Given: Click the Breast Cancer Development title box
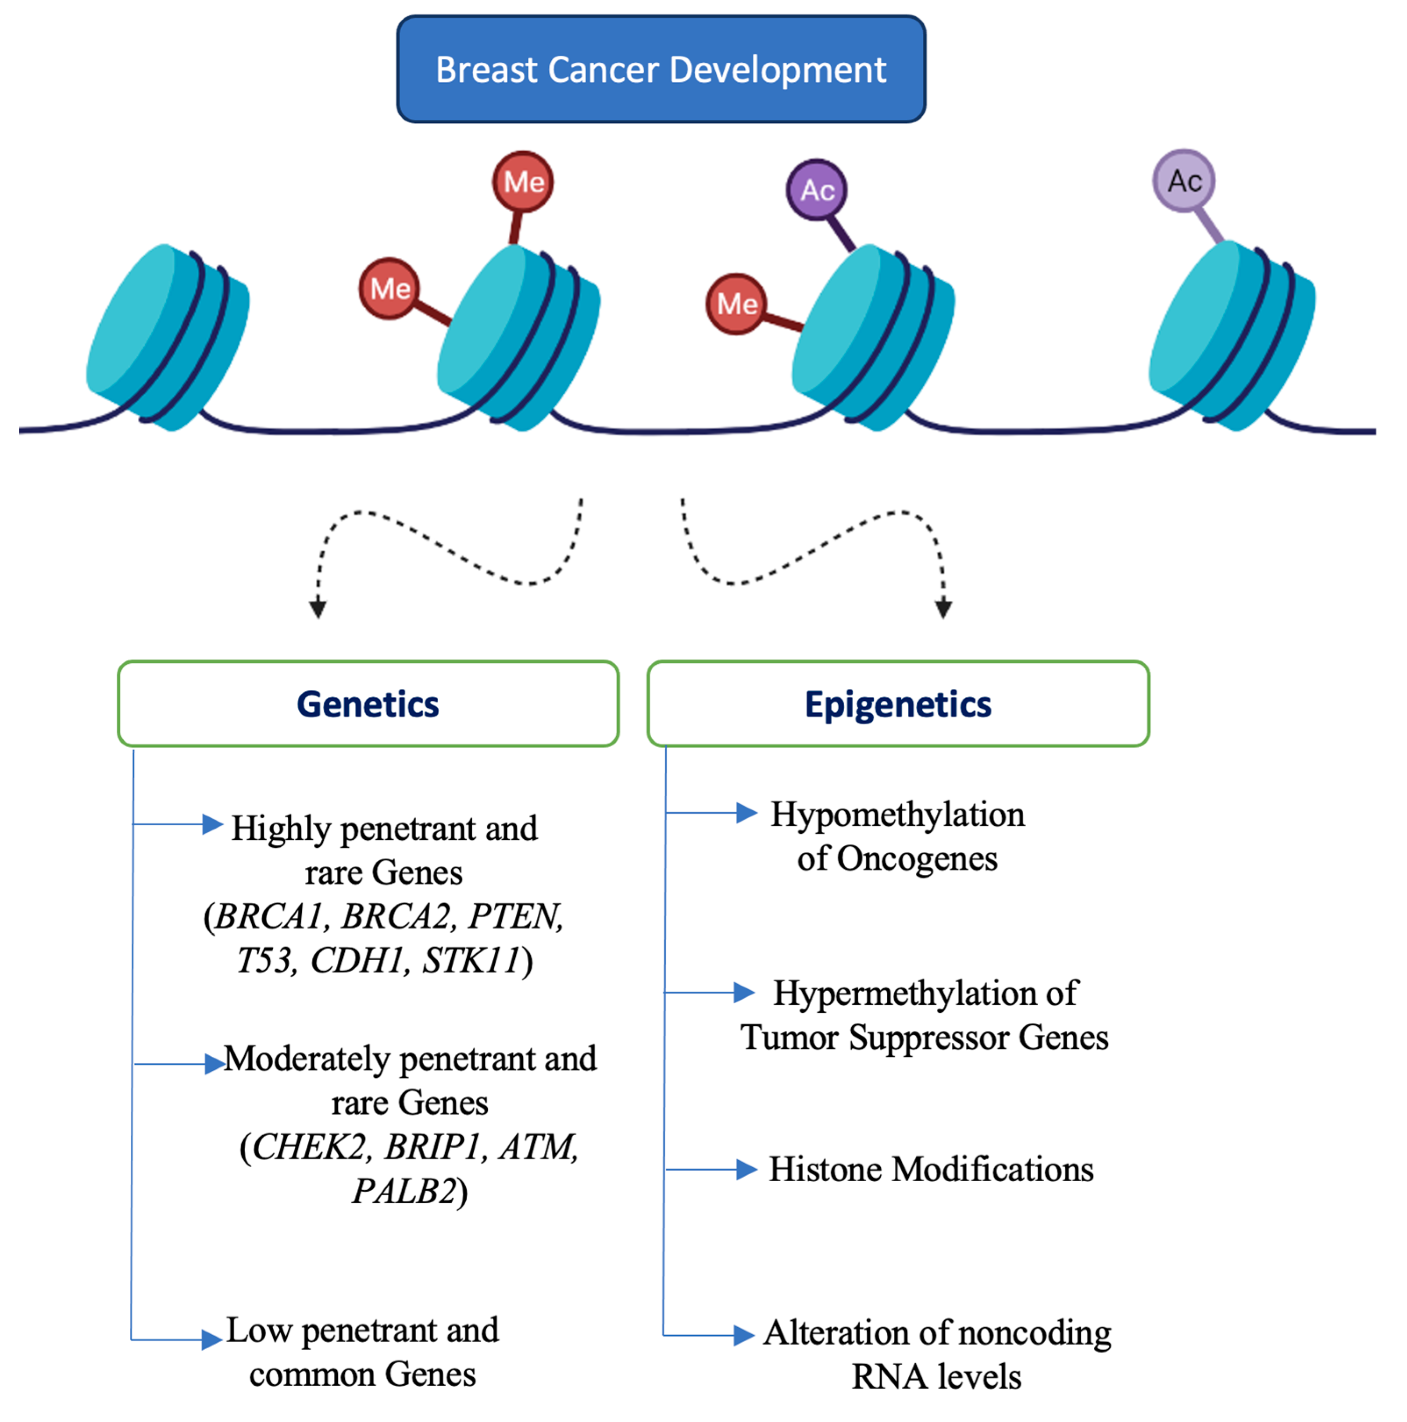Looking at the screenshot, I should click(661, 69).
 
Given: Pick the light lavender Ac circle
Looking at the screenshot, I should click(1183, 180).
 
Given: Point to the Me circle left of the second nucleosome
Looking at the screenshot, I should click(389, 289).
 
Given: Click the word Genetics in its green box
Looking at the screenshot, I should click(368, 704).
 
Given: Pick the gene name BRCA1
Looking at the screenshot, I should click(269, 916).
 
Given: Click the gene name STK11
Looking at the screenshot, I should click(471, 961).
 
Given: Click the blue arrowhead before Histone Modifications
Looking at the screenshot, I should click(746, 1169).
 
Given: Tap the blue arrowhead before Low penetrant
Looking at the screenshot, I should click(211, 1339).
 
